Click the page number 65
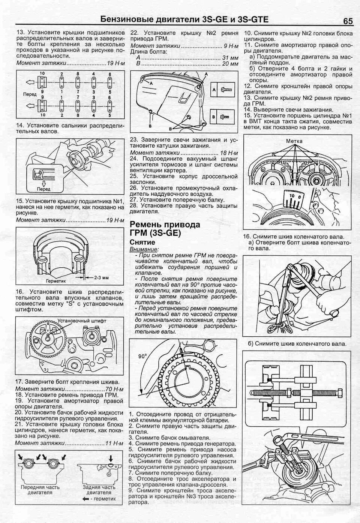pos(347,21)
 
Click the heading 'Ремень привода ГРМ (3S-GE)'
pos(165,229)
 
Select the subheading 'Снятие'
pos(142,243)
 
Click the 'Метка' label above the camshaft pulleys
pos(294,141)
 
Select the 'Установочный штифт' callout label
pos(82,321)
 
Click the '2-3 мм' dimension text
pos(101,278)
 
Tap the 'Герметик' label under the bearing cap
pos(56,280)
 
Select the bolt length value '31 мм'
pos(230,58)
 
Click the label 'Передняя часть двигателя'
pos(40,490)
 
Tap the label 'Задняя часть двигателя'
pos(99,490)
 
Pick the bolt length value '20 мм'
pos(230,64)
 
